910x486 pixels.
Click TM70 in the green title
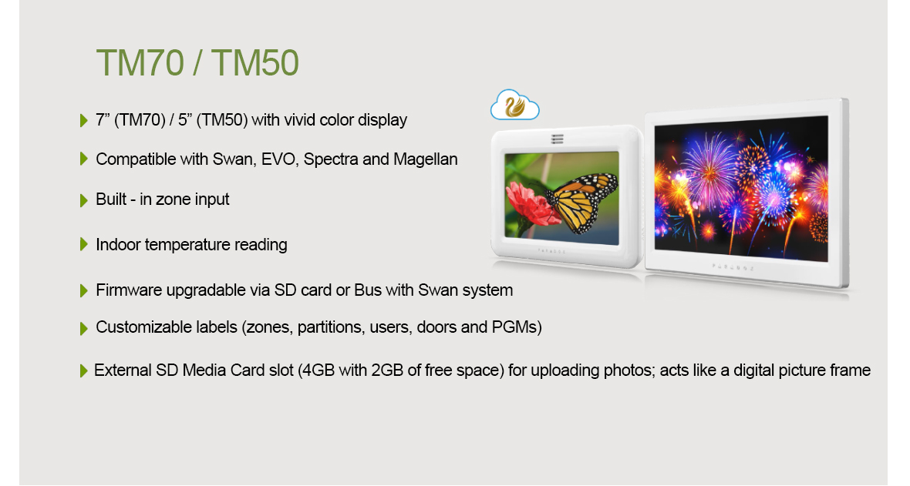pyautogui.click(x=140, y=62)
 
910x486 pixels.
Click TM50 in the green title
pyautogui.click(x=254, y=62)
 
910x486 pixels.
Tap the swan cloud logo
pyautogui.click(x=515, y=105)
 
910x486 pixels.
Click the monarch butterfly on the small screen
pyautogui.click(x=581, y=201)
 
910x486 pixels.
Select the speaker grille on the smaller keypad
pyautogui.click(x=557, y=139)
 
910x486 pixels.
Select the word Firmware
pyautogui.click(x=129, y=290)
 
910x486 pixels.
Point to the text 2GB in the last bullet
pyautogui.click(x=387, y=370)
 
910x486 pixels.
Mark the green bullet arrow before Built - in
pyautogui.click(x=83, y=200)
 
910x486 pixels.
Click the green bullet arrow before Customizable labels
pyautogui.click(x=83, y=328)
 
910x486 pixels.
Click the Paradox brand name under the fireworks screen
pyautogui.click(x=733, y=267)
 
